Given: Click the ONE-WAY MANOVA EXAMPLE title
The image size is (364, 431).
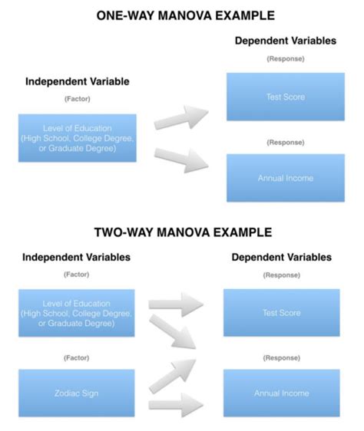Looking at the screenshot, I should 181,16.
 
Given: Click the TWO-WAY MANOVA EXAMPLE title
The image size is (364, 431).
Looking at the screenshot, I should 181,232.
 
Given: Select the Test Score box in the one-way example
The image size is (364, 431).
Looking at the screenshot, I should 285,97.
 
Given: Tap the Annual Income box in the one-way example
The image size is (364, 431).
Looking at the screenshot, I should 285,178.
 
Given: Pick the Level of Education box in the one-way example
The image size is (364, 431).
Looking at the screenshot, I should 77,138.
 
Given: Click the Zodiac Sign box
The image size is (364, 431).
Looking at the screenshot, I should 77,393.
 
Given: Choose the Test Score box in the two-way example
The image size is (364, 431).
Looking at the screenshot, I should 280,313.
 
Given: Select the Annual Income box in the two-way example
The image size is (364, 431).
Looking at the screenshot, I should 280,393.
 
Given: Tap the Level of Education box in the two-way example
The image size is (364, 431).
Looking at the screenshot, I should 77,313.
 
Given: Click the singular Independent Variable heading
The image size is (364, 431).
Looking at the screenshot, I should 77,81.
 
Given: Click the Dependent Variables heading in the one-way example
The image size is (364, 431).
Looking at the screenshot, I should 285,41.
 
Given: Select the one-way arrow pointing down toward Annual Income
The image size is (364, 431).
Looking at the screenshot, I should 182,158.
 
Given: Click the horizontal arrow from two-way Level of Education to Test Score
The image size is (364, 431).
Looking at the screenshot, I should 177,304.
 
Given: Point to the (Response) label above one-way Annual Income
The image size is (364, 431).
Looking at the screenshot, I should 285,142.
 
